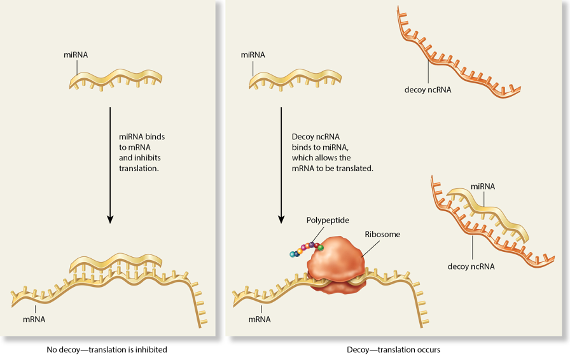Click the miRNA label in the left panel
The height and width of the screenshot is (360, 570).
pos(76,55)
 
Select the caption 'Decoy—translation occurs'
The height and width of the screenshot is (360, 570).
pos(393,349)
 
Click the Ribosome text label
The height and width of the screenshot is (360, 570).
pos(382,234)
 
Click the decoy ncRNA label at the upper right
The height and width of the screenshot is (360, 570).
pos(427,90)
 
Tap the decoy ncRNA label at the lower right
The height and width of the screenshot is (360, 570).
pos(471,267)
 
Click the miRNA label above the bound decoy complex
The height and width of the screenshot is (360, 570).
pos(483,186)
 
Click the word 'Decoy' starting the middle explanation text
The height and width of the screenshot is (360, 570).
pos(302,137)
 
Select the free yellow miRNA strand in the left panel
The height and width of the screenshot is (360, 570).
pos(115,77)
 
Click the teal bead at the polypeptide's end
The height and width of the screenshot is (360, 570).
pos(292,254)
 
